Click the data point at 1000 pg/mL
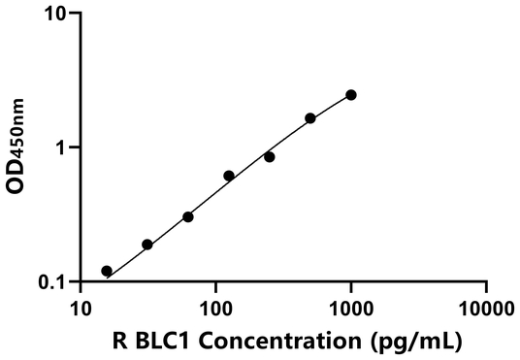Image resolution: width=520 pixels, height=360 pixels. coord(351,95)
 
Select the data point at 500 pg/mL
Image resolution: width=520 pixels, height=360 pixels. coord(310,118)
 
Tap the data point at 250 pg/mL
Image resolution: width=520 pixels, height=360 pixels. coord(270,156)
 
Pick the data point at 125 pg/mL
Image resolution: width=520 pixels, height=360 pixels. coord(229,176)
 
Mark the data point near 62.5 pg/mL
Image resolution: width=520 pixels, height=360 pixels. coord(188,216)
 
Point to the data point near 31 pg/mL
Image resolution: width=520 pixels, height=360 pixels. coord(147,245)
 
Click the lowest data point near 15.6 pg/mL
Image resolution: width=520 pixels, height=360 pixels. coord(107,271)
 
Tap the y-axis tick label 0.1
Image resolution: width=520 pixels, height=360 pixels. coord(54,281)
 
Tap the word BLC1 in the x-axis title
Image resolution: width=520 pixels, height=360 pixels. coord(181,342)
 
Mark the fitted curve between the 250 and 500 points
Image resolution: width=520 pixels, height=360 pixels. coord(290,135)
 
